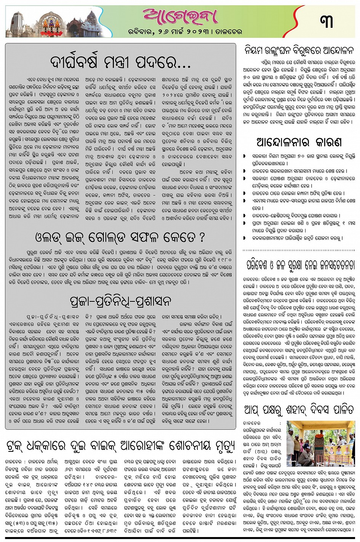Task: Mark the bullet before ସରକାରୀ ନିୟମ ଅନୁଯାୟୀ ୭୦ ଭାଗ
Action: pyautogui.click(x=245, y=156)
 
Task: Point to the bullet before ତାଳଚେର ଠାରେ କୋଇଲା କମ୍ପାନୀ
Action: pyautogui.click(x=245, y=193)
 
